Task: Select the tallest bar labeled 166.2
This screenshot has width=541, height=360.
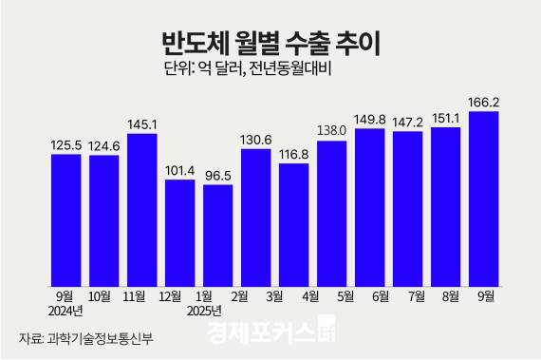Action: pos(484,199)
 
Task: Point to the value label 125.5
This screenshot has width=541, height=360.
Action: pos(65,145)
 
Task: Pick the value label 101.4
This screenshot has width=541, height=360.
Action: pos(179,171)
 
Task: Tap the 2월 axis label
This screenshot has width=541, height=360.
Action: pos(254,296)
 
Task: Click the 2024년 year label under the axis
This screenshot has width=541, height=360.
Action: pos(65,311)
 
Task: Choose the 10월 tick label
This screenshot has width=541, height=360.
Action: pos(103,296)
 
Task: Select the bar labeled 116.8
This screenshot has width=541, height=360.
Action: pos(294,225)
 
